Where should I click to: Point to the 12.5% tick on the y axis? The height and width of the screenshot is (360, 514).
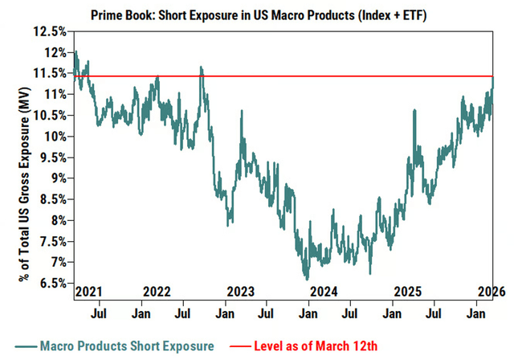[49, 31]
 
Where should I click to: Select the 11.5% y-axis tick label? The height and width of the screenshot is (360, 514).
[49, 73]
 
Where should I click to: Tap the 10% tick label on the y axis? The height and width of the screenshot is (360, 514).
[52, 136]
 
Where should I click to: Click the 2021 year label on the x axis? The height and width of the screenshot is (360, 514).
[88, 291]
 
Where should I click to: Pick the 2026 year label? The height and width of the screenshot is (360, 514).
[488, 291]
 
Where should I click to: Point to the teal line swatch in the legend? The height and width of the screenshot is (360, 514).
[28, 346]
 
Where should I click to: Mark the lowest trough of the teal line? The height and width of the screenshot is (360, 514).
[306, 278]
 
